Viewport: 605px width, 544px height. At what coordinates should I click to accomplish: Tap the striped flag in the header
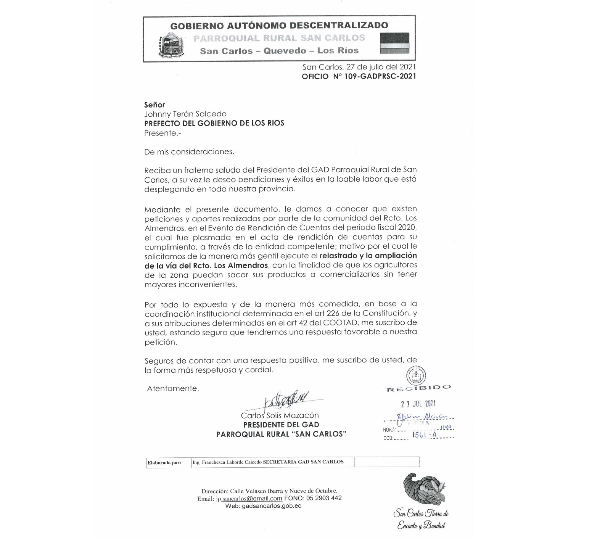[394, 43]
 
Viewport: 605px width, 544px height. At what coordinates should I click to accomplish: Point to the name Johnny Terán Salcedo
[185, 114]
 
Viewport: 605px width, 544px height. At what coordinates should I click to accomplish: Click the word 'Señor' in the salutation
[154, 105]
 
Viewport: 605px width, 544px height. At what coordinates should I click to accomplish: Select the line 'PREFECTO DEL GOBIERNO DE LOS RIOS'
[214, 123]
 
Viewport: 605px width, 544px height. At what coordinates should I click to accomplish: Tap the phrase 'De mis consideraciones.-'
[190, 151]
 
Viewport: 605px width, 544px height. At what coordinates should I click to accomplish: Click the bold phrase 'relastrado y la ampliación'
[368, 256]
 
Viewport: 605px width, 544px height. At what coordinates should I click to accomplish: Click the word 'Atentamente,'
[173, 388]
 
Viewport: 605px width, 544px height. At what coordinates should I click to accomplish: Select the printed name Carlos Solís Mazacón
[280, 415]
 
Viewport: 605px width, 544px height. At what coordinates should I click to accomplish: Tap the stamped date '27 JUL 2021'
[418, 404]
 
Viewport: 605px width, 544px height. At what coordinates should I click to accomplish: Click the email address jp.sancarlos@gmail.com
[249, 498]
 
